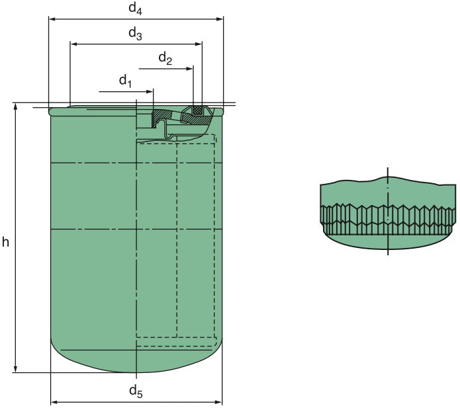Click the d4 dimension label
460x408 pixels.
pos(135,9)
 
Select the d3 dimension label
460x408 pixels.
pos(135,34)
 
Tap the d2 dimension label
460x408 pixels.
pos(165,59)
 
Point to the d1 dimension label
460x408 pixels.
pos(126,81)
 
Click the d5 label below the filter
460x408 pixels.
pos(136,391)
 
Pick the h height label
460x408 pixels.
pos(6,241)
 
